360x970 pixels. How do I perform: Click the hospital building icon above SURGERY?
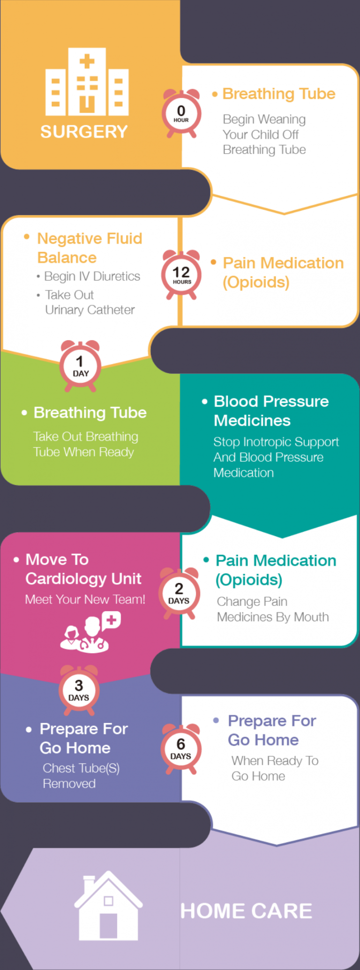click(87, 82)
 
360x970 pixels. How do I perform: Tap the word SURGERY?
click(84, 132)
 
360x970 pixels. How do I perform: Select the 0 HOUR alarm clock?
click(181, 113)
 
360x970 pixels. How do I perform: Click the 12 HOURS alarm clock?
click(181, 275)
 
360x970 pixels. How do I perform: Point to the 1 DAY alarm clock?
click(80, 366)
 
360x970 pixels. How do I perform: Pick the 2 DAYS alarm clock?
click(179, 593)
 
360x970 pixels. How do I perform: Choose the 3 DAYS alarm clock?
click(79, 690)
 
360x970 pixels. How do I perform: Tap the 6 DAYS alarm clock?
click(181, 748)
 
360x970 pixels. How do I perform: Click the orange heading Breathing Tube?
click(278, 94)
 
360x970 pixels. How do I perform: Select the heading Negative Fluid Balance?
click(89, 248)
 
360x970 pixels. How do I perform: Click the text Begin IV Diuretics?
click(92, 276)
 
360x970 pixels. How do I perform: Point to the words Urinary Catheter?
click(90, 310)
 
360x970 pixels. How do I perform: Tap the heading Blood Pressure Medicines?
click(271, 411)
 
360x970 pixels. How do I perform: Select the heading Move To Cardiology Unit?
click(83, 569)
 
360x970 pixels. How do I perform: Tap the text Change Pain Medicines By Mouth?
click(272, 609)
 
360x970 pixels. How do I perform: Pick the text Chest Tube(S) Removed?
click(81, 776)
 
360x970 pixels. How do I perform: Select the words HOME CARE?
click(246, 911)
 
